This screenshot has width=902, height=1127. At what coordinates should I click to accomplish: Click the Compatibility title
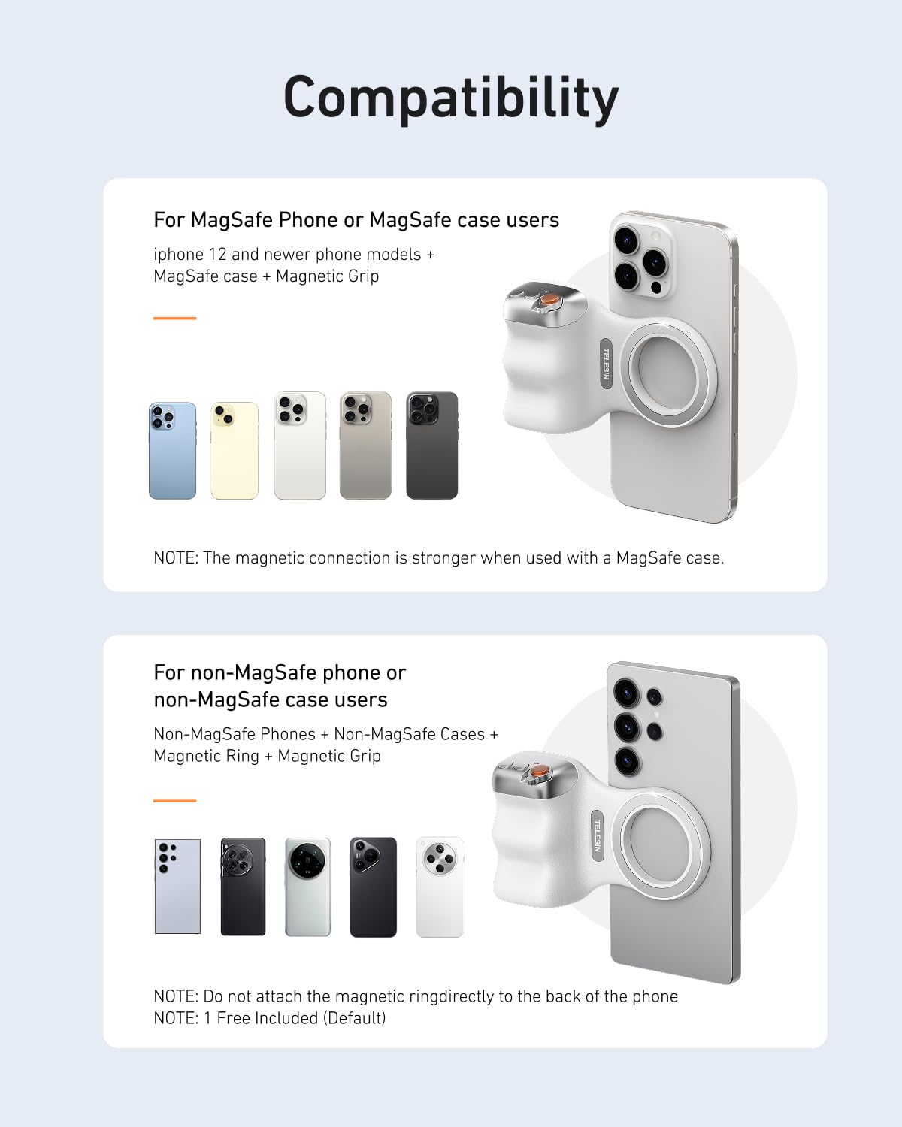(x=451, y=98)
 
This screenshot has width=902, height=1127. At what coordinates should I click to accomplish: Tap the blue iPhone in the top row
(x=172, y=451)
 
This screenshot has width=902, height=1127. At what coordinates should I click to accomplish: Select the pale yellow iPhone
(x=235, y=451)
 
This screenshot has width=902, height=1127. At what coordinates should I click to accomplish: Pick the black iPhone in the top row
(x=431, y=446)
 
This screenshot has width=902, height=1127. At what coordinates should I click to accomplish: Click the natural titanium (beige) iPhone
(x=365, y=446)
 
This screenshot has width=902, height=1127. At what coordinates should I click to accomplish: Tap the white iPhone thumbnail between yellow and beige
(x=300, y=446)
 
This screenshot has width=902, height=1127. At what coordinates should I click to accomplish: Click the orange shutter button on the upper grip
(x=550, y=300)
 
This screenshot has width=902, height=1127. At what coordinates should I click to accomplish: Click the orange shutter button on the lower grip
(x=538, y=772)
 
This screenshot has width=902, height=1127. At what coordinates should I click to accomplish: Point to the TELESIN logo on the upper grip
(x=606, y=364)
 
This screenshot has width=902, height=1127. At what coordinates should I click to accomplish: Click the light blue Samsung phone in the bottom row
(x=177, y=887)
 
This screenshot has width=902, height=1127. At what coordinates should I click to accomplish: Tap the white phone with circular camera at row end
(x=440, y=887)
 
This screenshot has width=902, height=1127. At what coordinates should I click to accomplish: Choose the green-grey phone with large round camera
(x=307, y=887)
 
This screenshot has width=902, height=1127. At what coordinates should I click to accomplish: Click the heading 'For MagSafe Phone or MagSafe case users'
(x=356, y=220)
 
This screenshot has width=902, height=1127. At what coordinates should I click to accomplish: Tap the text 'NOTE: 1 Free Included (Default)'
(x=269, y=1018)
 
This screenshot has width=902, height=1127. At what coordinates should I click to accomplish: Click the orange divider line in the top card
(x=174, y=319)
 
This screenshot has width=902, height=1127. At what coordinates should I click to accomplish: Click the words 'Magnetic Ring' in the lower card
(x=206, y=756)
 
